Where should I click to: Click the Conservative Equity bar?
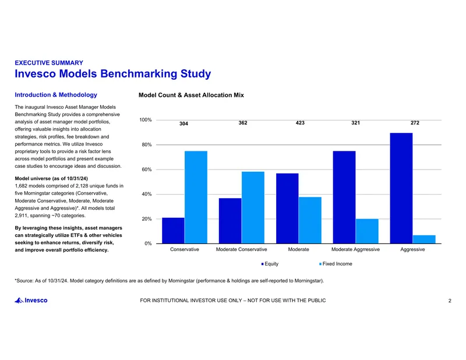(173, 231)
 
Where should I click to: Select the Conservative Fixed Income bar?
(196, 197)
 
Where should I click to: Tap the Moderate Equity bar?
(287, 209)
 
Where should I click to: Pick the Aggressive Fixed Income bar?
(424, 239)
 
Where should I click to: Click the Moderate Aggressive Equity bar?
(344, 197)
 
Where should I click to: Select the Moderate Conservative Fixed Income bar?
(253, 208)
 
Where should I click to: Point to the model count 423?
(300, 123)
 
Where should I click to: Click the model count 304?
(183, 123)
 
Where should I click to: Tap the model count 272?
(415, 123)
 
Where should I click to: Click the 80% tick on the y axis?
(147, 145)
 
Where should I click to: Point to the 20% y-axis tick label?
(147, 219)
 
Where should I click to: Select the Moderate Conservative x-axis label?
(241, 249)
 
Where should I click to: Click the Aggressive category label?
(412, 249)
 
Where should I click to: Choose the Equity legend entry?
(270, 264)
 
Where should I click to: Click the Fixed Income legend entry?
(336, 264)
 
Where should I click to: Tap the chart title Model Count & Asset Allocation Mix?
(191, 95)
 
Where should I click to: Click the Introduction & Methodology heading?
(56, 95)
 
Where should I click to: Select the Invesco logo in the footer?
(31, 301)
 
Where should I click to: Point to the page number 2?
(450, 301)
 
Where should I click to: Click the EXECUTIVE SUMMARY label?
(49, 63)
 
